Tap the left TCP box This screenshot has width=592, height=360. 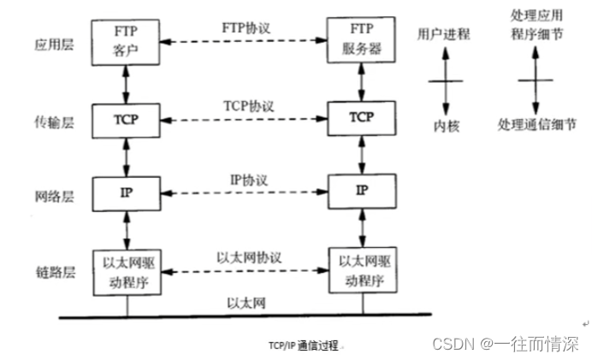(x=127, y=117)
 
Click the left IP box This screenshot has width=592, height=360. (x=127, y=189)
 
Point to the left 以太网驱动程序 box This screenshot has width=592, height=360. (x=127, y=269)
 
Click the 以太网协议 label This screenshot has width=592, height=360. (x=249, y=257)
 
